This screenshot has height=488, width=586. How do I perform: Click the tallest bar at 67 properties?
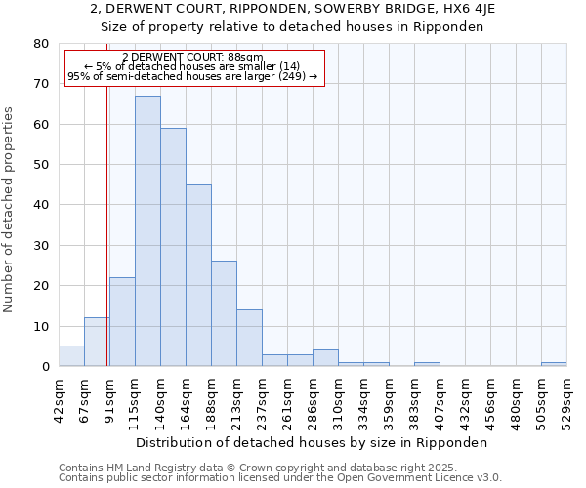point(147,231)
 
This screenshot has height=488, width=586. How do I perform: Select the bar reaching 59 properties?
point(173,247)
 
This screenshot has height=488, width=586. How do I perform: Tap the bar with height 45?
point(198,275)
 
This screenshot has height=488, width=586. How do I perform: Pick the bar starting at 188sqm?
point(224,313)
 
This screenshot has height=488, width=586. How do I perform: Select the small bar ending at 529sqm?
point(554,364)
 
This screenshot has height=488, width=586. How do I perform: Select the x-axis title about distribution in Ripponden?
point(312,442)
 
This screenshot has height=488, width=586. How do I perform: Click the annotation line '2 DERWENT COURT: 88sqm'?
point(192,58)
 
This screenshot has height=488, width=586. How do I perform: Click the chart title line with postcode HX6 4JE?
point(293,9)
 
